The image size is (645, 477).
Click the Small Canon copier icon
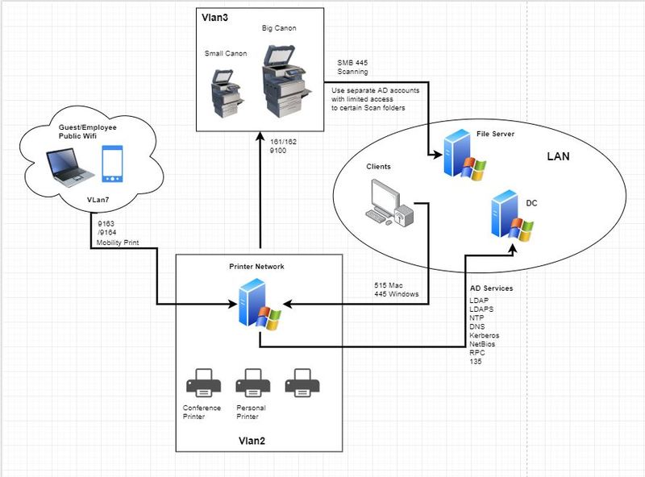tap(225, 91)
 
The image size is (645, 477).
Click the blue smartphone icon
tap(112, 166)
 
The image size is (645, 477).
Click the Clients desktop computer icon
tap(388, 200)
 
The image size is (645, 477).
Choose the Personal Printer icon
tap(250, 381)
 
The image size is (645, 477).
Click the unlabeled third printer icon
tap(302, 381)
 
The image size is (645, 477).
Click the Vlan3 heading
tap(214, 16)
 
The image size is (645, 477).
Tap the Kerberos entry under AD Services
tap(484, 334)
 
